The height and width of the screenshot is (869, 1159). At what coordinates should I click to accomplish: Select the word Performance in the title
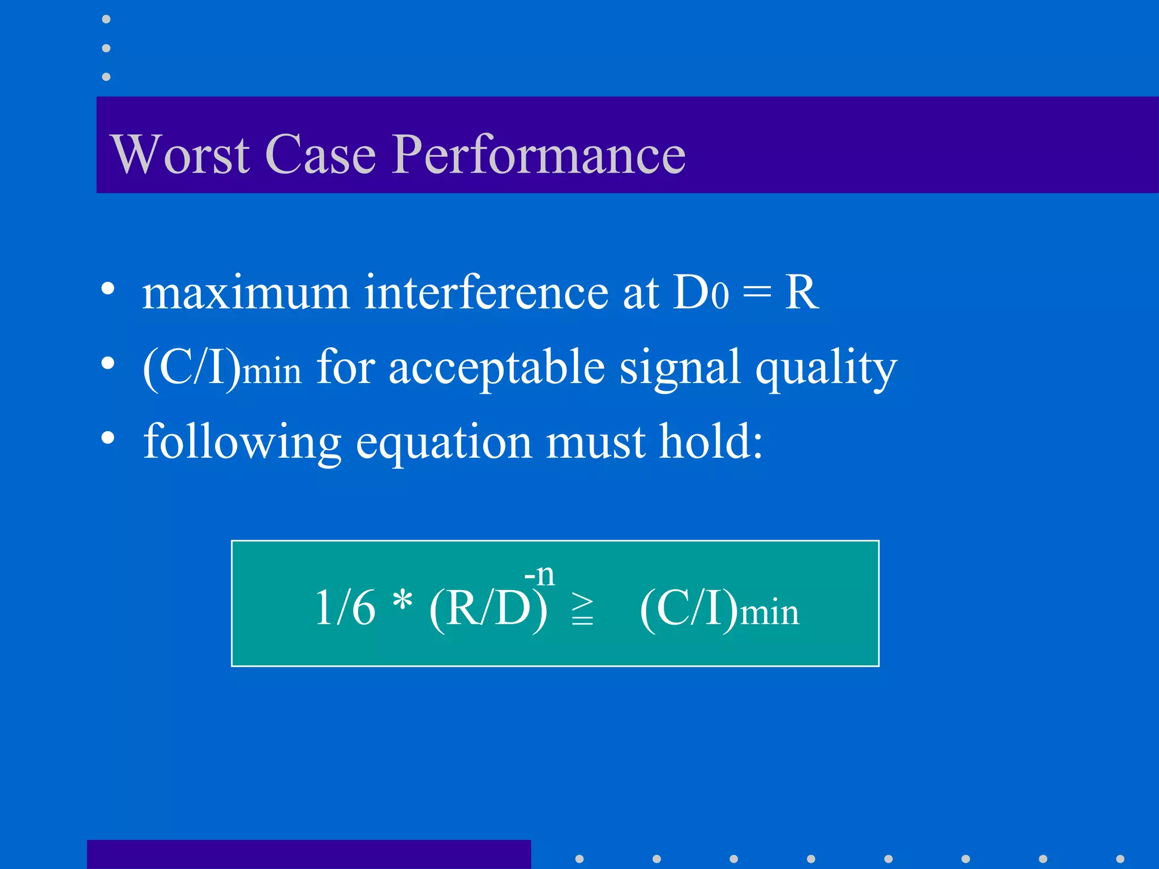539,155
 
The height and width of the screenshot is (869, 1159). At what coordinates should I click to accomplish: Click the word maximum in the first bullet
246,292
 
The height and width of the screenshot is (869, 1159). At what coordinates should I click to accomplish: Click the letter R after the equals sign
801,292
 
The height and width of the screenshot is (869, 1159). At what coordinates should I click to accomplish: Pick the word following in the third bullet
242,442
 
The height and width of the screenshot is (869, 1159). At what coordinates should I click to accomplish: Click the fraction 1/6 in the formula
345,608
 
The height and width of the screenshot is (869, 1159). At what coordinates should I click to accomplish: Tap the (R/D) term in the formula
488,609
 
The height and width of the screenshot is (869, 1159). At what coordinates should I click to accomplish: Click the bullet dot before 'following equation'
108,437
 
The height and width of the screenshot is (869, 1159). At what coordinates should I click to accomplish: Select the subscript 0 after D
720,296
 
